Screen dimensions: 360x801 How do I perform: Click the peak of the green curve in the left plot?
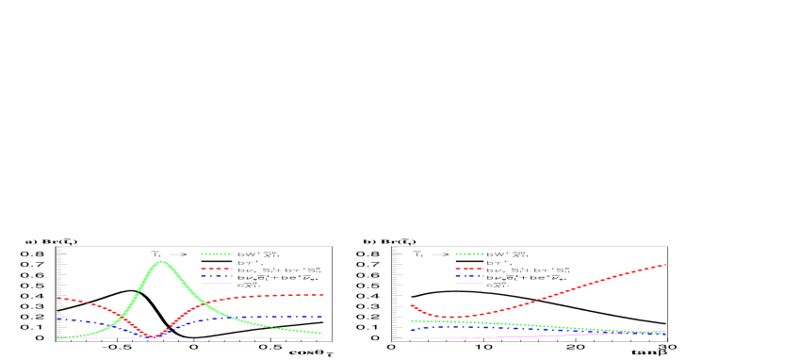point(162,261)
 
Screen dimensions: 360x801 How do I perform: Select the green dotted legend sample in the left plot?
point(217,254)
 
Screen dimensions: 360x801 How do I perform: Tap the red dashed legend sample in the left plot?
point(217,269)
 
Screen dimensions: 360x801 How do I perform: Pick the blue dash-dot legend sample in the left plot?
point(217,276)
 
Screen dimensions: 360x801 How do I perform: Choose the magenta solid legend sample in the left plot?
point(217,283)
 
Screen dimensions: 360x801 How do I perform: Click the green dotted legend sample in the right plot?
point(469,254)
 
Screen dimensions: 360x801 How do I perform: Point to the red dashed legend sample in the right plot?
point(469,269)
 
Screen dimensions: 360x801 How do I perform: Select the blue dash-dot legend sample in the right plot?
point(469,276)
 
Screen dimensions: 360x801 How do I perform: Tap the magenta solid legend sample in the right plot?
point(469,283)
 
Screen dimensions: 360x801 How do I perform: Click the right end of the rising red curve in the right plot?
point(666,264)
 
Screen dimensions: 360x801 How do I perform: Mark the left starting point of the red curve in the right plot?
point(412,305)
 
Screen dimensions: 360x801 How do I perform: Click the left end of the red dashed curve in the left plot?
point(57,298)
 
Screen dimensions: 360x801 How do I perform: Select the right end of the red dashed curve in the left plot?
point(322,294)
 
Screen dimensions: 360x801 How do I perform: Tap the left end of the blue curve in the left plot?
point(57,319)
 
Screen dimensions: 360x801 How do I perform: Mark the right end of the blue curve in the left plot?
point(322,317)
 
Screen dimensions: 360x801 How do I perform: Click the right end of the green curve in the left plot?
point(322,333)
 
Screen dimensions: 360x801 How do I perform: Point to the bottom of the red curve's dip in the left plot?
point(155,336)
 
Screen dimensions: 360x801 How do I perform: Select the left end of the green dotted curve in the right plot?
point(412,320)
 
